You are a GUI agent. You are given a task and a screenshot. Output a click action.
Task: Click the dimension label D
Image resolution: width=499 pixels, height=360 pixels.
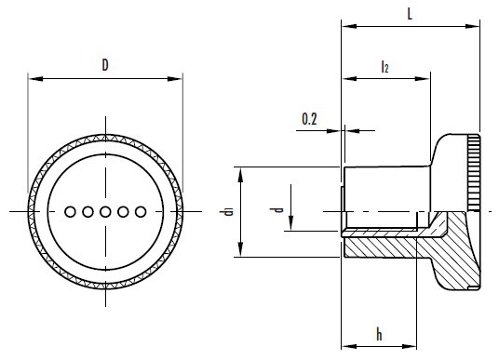[105, 65]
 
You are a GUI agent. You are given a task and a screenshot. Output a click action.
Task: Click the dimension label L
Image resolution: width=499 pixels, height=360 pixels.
[410, 14]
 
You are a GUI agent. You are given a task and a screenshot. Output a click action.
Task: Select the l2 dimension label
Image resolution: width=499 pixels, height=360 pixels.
[384, 67]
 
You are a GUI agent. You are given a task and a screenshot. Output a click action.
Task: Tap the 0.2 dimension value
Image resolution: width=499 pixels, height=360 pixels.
[309, 119]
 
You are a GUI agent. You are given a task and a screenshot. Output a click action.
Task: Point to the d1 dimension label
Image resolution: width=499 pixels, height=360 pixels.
[228, 211]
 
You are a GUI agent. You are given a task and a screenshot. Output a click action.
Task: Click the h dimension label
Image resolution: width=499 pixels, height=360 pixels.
[379, 334]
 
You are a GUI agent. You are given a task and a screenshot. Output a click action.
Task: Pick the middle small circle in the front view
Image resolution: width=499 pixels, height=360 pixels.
[105, 211]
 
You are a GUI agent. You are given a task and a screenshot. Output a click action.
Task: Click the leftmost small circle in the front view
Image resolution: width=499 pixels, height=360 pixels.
[70, 211]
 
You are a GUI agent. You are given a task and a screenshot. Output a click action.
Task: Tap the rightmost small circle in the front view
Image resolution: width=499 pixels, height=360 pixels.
[141, 211]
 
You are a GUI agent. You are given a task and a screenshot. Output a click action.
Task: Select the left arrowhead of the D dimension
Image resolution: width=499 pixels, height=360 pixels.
[35, 78]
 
